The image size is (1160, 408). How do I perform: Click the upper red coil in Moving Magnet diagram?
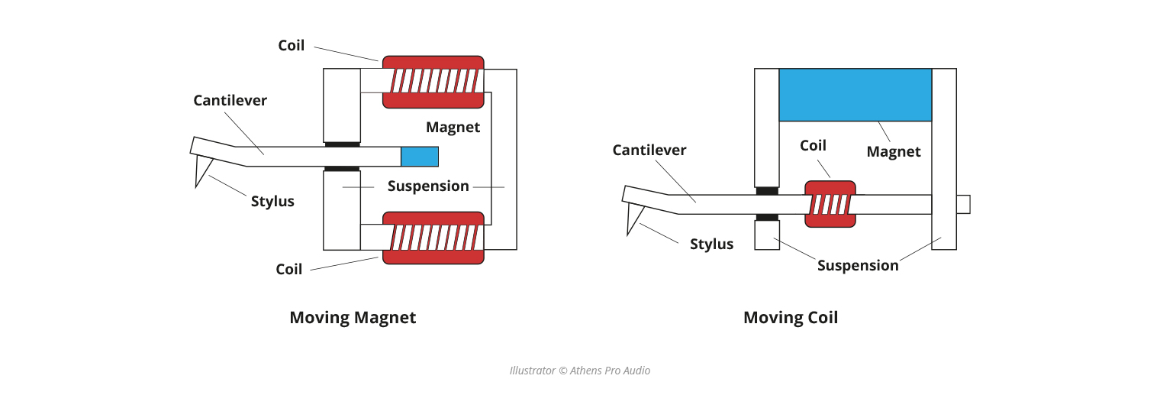(x=433, y=82)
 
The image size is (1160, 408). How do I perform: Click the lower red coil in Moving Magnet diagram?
(x=433, y=238)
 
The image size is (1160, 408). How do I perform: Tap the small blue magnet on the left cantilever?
(x=420, y=157)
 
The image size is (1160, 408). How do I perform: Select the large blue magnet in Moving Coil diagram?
(x=855, y=95)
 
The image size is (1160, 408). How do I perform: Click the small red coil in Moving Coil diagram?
(x=830, y=204)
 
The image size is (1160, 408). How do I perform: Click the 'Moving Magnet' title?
(x=353, y=318)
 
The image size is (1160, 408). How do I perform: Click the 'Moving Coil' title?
(x=790, y=318)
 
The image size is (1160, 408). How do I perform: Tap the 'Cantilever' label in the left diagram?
(x=230, y=101)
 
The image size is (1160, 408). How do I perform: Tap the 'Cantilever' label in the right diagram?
(x=649, y=151)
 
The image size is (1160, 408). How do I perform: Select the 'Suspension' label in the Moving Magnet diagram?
(x=427, y=186)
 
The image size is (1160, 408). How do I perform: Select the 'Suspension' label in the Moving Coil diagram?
(x=858, y=266)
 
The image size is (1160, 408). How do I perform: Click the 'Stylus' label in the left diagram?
(x=272, y=202)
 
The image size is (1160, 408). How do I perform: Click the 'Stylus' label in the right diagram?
(x=711, y=244)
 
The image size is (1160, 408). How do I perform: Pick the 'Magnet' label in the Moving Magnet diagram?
(x=453, y=128)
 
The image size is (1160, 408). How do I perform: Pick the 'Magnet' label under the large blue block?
(x=894, y=152)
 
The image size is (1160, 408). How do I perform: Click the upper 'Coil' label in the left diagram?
(x=291, y=46)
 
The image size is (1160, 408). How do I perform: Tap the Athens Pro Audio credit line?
(x=580, y=371)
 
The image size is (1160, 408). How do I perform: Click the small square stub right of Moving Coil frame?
(x=963, y=204)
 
